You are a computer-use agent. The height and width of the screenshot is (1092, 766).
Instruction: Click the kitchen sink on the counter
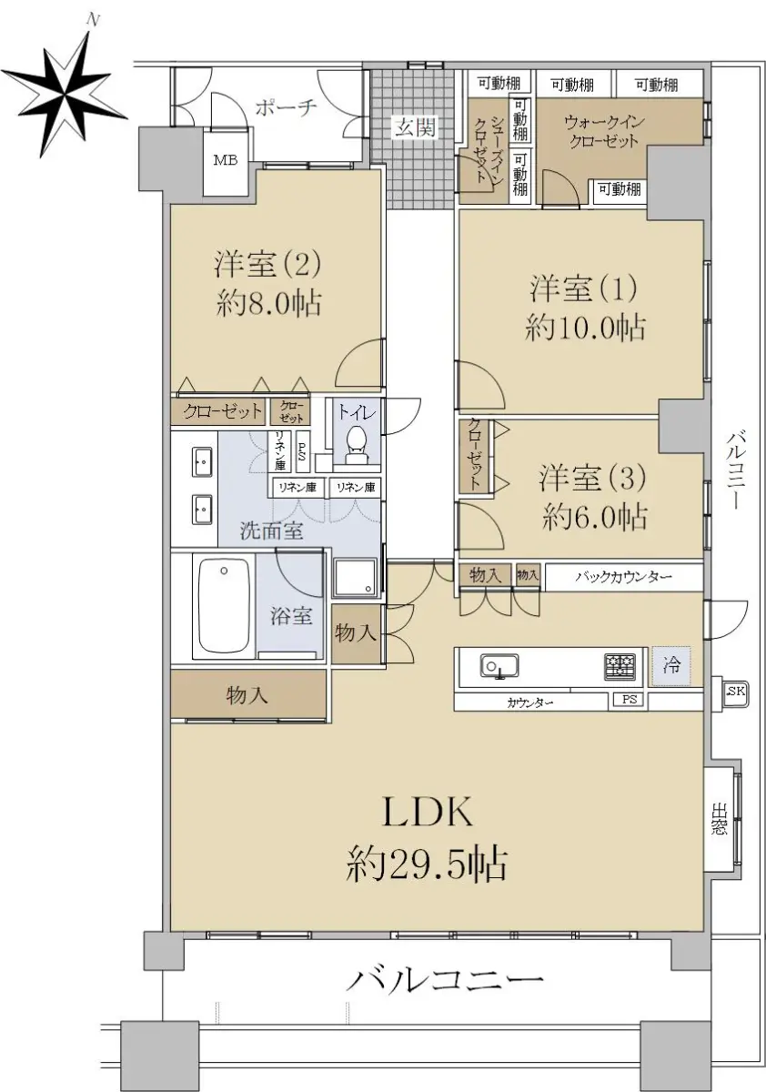pyautogui.click(x=499, y=666)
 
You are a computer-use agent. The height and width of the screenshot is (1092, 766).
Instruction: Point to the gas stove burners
pyautogui.click(x=620, y=666)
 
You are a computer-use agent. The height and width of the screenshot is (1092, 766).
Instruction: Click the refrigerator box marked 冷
pyautogui.click(x=671, y=666)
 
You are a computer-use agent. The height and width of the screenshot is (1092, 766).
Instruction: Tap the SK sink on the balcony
pyautogui.click(x=735, y=691)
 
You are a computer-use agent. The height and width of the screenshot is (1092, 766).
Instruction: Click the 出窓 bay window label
pyautogui.click(x=719, y=821)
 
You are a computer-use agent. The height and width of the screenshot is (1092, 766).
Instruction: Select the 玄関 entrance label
pyautogui.click(x=415, y=127)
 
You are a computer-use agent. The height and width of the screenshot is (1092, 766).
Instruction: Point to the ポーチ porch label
pyautogui.click(x=286, y=107)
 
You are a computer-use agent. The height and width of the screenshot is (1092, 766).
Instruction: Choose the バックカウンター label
pyautogui.click(x=624, y=577)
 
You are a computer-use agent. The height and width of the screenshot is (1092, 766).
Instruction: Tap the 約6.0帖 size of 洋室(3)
pyautogui.click(x=594, y=517)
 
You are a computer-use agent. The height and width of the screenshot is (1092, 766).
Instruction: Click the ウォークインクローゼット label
pyautogui.click(x=604, y=132)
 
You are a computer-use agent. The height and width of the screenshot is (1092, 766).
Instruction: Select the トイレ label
pyautogui.click(x=358, y=413)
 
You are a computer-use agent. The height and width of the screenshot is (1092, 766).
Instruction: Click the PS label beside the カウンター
pyautogui.click(x=630, y=700)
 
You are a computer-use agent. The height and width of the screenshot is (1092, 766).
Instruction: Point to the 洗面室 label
pyautogui.click(x=272, y=531)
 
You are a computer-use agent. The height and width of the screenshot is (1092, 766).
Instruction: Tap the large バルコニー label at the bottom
pyautogui.click(x=444, y=978)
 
